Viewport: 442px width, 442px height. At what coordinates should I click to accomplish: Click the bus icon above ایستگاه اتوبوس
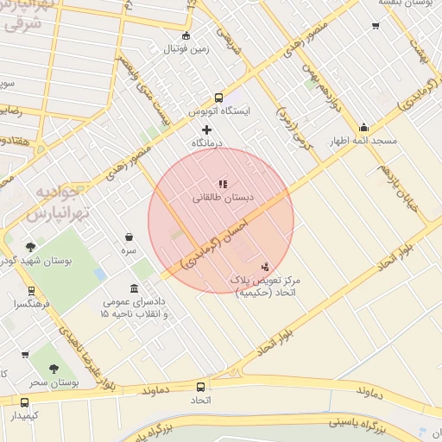pyautogui.click(x=218, y=98)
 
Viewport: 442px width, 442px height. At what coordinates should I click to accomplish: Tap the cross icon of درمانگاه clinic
pyautogui.click(x=205, y=129)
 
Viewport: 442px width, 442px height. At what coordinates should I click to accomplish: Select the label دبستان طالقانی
pyautogui.click(x=223, y=198)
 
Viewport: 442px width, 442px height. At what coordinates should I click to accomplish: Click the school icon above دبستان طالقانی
pyautogui.click(x=223, y=183)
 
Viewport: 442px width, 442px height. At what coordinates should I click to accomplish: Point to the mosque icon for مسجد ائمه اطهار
pyautogui.click(x=363, y=126)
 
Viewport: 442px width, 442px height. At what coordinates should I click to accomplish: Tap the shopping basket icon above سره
pyautogui.click(x=129, y=237)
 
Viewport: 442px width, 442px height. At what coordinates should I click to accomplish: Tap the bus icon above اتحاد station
pyautogui.click(x=201, y=388)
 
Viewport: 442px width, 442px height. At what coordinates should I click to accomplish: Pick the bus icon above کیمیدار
pyautogui.click(x=24, y=401)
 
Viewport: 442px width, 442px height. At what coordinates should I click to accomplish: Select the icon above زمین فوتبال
pyautogui.click(x=186, y=35)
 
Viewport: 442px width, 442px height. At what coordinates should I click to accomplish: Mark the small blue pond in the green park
pyautogui.click(x=100, y=275)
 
